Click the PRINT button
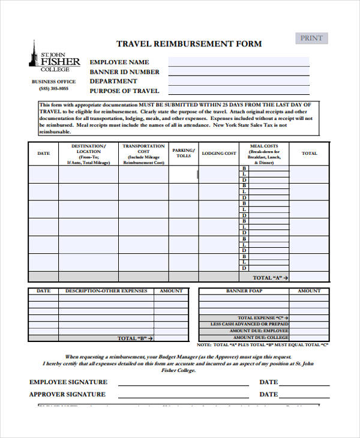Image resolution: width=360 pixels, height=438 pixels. tap(311, 38)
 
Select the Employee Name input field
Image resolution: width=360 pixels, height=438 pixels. tap(238, 62)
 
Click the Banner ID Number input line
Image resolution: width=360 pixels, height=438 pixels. tap(238, 71)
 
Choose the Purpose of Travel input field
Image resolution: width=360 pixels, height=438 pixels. tap(238, 91)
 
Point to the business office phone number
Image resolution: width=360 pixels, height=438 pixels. tap(54, 89)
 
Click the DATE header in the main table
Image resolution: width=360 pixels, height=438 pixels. tap(44, 154)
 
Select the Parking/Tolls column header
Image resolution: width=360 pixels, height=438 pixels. tap(183, 154)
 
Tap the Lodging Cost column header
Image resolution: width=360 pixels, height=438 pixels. tap(219, 154)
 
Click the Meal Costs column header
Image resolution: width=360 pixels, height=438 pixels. tap(264, 146)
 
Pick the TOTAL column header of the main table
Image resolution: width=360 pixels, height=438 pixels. tap(309, 154)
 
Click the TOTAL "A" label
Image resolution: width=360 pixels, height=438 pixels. tap(271, 278)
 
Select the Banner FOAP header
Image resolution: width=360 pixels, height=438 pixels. tap(244, 291)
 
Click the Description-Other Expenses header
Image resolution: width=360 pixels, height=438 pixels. tap(106, 291)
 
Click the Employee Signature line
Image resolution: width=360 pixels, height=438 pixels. tap(183, 383)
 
